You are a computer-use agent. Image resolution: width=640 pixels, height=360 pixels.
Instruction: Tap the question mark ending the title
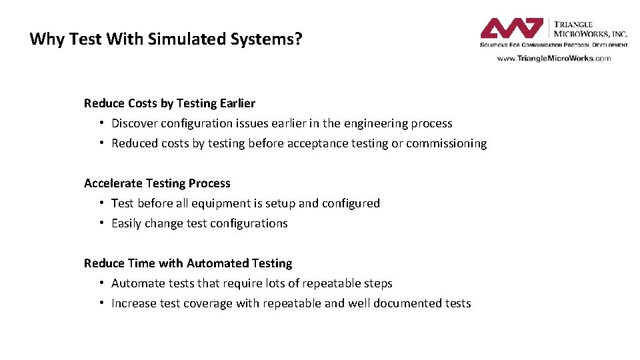pos(298,39)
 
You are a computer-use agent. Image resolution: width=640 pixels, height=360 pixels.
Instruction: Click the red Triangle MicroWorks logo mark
pos(512,29)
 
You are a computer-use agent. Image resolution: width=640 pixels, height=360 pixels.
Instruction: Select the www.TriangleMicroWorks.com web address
pos(553,58)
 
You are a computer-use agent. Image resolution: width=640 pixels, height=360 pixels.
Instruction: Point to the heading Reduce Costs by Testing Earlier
pos(169,103)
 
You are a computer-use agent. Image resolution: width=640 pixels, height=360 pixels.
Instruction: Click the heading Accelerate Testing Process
pos(157,183)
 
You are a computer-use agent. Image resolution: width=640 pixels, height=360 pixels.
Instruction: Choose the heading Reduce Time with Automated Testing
pos(188,263)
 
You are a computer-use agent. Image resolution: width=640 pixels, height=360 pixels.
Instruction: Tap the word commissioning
pos(446,143)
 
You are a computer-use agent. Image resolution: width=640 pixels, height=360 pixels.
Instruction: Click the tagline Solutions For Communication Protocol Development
pos(553,45)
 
